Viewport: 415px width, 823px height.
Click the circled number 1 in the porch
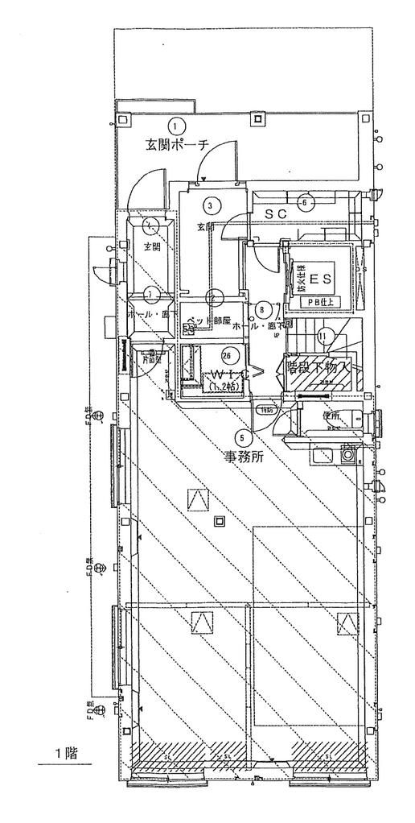point(177,125)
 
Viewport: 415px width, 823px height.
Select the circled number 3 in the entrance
point(209,205)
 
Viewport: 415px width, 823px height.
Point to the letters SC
point(276,214)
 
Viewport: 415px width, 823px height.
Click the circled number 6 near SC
point(305,203)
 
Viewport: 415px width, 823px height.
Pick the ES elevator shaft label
point(320,279)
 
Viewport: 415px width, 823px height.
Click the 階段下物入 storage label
point(318,367)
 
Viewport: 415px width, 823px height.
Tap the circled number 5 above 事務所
point(242,438)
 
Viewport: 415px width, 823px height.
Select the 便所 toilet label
point(332,416)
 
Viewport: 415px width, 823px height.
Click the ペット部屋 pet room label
point(208,320)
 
